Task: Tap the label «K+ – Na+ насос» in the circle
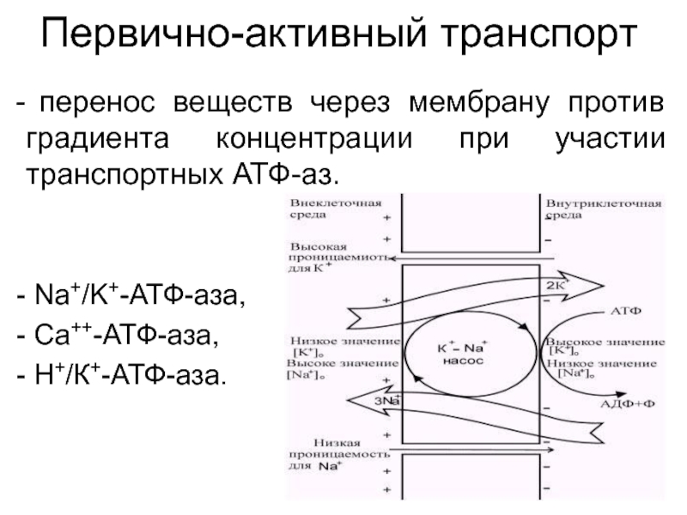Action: [464, 354]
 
